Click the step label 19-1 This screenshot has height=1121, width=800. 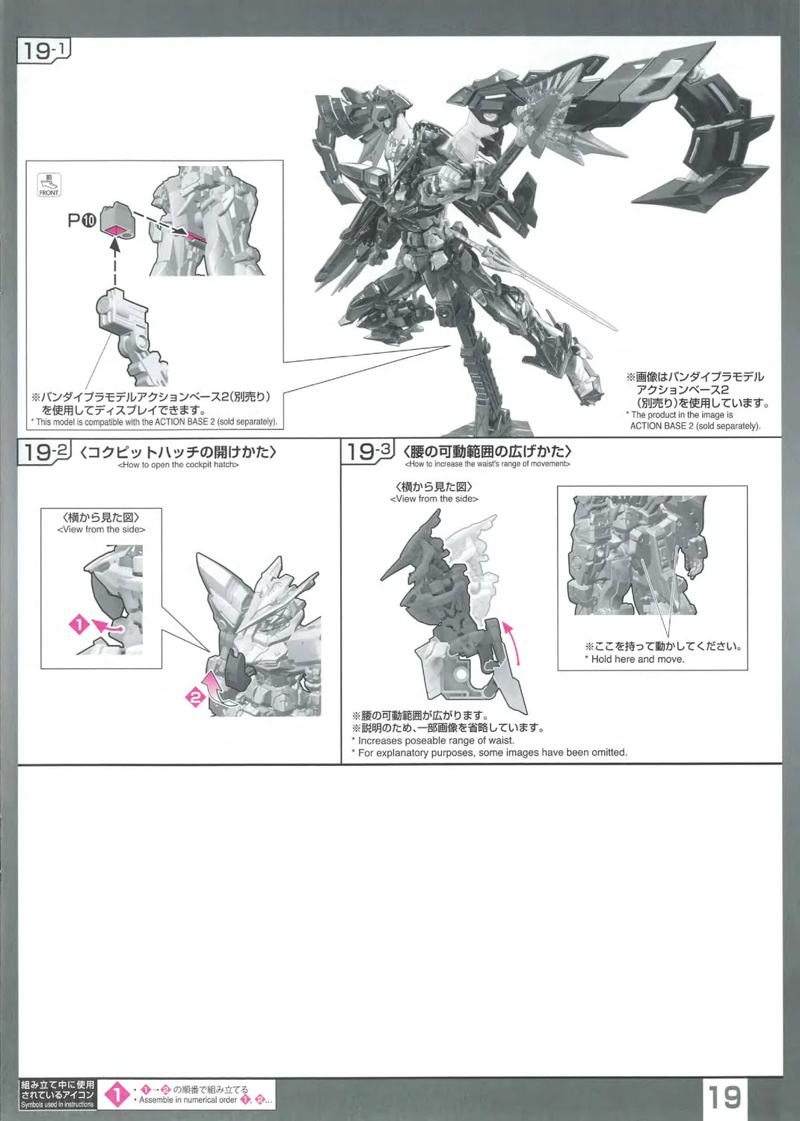click(x=44, y=51)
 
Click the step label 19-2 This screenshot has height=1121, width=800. click(x=44, y=452)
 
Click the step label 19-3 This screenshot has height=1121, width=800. click(x=368, y=452)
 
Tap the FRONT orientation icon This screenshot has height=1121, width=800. click(x=49, y=185)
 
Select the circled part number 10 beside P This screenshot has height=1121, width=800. click(x=89, y=220)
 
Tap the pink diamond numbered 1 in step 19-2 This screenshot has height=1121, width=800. click(x=79, y=624)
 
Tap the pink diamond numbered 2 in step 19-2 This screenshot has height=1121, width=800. click(x=195, y=697)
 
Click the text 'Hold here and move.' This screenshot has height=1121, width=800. click(x=637, y=659)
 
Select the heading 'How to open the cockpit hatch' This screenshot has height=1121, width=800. click(x=178, y=465)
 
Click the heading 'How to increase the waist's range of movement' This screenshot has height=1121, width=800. click(x=487, y=464)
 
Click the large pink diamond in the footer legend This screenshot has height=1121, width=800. click(x=116, y=1095)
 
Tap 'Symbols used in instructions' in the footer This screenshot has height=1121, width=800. click(x=57, y=1104)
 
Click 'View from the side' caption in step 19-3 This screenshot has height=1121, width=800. click(x=434, y=499)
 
